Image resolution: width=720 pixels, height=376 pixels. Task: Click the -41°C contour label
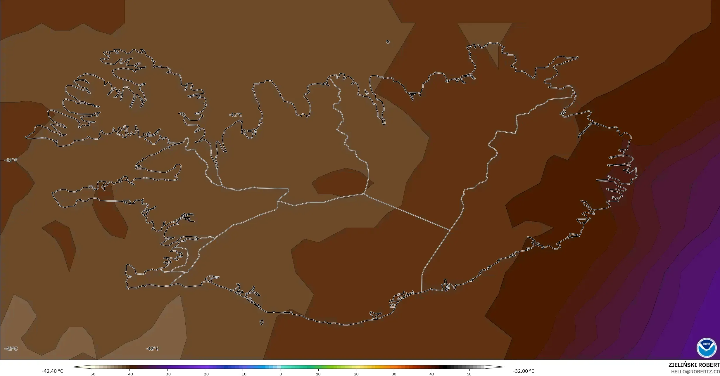click(x=11, y=160)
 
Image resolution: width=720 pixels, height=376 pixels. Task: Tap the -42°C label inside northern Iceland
click(x=235, y=115)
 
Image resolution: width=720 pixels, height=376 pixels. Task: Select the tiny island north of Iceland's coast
click(x=388, y=42)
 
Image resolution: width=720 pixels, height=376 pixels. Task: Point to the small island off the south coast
click(x=261, y=323)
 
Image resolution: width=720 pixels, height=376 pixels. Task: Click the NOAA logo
click(x=707, y=348)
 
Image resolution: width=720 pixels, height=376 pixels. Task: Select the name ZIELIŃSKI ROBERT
click(x=694, y=365)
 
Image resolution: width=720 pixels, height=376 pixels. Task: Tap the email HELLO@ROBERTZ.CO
click(x=695, y=371)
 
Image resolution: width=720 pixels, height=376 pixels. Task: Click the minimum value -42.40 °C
click(x=52, y=371)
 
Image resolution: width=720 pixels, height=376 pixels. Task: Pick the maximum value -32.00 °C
click(x=524, y=371)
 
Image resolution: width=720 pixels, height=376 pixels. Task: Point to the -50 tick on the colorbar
click(x=92, y=374)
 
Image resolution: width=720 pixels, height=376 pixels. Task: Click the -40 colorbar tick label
click(x=130, y=374)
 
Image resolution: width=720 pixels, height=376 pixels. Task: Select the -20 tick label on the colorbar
click(x=205, y=374)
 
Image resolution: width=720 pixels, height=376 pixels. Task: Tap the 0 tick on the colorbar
click(x=281, y=374)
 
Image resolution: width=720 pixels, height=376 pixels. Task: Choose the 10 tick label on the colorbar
click(x=318, y=374)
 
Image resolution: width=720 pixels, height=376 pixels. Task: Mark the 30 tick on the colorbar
click(x=394, y=374)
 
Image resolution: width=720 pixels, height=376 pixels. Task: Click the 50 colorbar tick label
click(x=469, y=374)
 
